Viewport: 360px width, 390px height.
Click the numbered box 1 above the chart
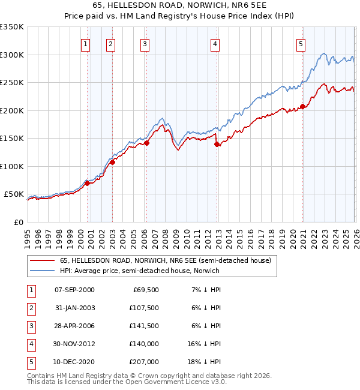click(86, 43)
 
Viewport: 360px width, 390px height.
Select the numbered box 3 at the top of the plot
click(145, 43)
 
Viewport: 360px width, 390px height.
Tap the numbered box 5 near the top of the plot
click(301, 43)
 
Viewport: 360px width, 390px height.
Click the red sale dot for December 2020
click(303, 107)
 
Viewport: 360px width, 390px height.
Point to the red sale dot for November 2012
click(217, 144)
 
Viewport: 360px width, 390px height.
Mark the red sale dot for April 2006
click(147, 143)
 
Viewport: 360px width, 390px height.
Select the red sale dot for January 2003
click(112, 162)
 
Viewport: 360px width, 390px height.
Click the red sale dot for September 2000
click(87, 184)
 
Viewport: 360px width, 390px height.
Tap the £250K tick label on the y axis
click(12, 83)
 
